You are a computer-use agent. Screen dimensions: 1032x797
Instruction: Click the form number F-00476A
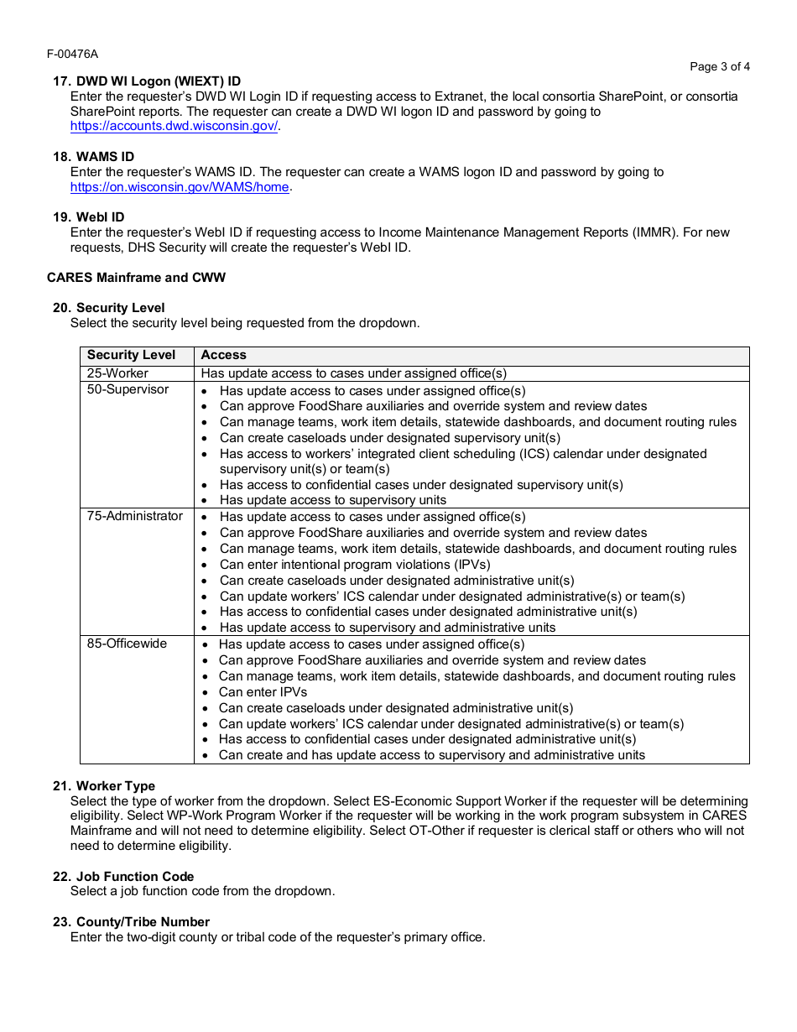(72, 54)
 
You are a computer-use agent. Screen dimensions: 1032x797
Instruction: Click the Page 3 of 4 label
(720, 66)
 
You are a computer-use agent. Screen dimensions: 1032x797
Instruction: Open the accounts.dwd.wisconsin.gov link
(175, 127)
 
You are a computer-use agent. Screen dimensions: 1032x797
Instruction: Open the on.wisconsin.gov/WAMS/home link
(180, 187)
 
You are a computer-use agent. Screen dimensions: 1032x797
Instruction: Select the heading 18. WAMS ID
(93, 157)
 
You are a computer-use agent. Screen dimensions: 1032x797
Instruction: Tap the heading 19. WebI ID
(88, 217)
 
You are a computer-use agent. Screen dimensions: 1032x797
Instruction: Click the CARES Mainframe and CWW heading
(136, 278)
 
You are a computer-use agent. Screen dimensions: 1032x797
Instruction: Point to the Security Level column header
(131, 355)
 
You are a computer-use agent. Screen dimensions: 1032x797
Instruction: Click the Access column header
(223, 355)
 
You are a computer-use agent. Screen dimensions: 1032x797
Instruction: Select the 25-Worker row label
(117, 373)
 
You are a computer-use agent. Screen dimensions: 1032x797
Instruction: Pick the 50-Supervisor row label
(128, 389)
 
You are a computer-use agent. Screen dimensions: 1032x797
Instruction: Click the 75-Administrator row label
(134, 516)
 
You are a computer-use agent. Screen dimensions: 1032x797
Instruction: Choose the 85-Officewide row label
(127, 644)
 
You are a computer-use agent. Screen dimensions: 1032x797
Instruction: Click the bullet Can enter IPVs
(263, 692)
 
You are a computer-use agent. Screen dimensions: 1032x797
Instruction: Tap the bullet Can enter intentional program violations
(355, 565)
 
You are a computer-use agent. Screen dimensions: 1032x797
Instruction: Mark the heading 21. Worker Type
(104, 786)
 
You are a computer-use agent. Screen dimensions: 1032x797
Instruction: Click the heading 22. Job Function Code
(123, 877)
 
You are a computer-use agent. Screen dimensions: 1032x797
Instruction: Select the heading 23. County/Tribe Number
(131, 922)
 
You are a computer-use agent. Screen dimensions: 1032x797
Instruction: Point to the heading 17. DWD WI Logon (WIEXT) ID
(147, 81)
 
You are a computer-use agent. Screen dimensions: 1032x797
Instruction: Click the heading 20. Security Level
(109, 308)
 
